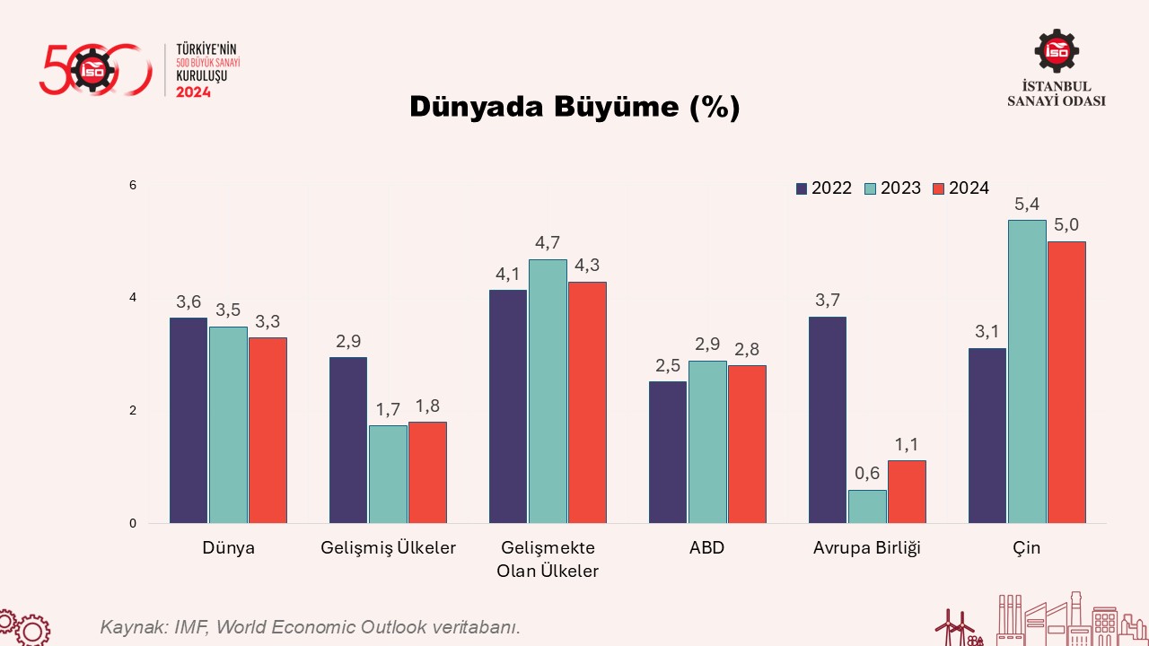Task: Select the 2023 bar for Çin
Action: (1027, 371)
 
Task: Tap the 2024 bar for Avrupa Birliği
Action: (907, 492)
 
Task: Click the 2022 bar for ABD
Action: (667, 452)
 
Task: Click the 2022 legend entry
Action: (823, 188)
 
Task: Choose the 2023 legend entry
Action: (892, 188)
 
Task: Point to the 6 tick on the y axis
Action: (133, 186)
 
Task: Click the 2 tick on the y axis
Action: (133, 411)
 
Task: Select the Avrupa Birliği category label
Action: (867, 548)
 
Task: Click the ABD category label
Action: (707, 548)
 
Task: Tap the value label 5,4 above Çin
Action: (1027, 205)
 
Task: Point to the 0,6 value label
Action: (867, 474)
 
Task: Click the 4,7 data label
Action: (548, 243)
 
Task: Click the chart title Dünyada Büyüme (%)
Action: (574, 107)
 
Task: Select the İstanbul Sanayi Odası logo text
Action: (1057, 93)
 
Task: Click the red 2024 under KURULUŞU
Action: (193, 92)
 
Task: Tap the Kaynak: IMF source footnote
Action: (310, 626)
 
